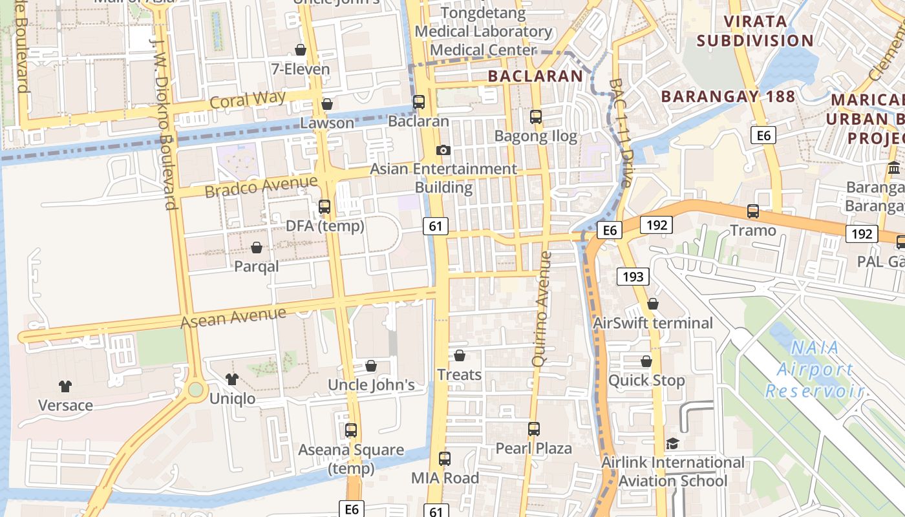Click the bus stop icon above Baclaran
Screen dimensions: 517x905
[x=419, y=102]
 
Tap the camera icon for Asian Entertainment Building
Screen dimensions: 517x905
[x=443, y=150]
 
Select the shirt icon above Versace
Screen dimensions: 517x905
[x=65, y=386]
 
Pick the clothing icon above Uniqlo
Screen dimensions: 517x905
[x=232, y=379]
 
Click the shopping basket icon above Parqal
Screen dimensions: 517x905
[x=257, y=248]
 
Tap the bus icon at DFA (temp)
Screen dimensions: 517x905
[x=325, y=207]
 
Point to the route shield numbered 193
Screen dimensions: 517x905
[x=633, y=277]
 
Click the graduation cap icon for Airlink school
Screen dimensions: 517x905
[x=672, y=443]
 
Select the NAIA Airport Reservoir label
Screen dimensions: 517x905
[x=814, y=369]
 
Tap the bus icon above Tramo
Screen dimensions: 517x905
[x=753, y=211]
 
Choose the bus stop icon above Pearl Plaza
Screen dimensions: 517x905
[x=533, y=428]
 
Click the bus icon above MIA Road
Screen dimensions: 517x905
[x=444, y=459]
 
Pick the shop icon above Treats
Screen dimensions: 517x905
[x=459, y=355]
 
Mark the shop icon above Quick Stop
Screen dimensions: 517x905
[x=646, y=361]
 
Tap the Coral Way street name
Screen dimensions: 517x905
[x=248, y=101]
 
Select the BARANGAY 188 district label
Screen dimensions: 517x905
[x=729, y=96]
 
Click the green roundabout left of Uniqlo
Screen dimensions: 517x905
[x=195, y=390]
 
